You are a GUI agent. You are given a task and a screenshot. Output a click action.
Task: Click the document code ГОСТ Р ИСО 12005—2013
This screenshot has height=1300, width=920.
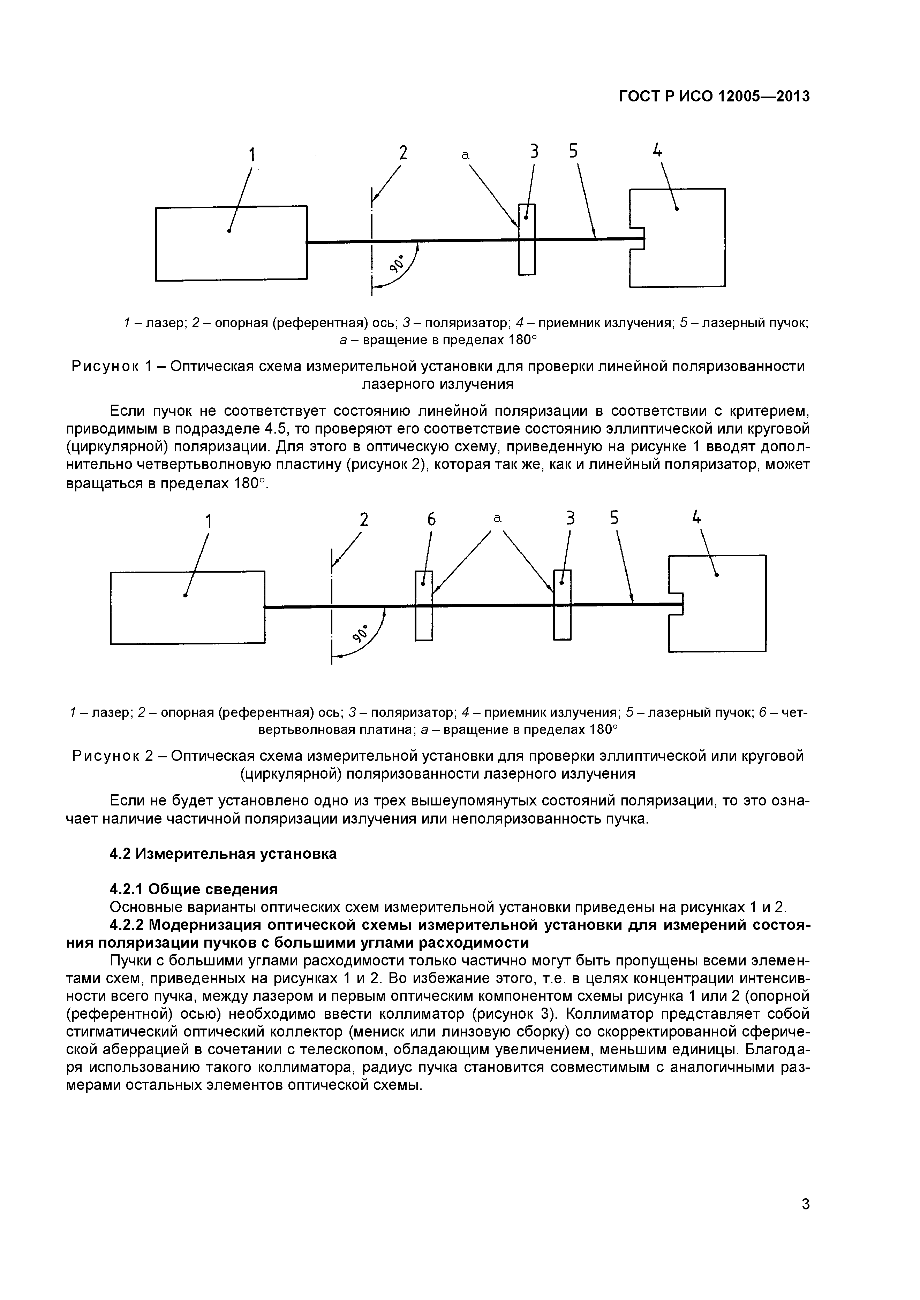point(714,97)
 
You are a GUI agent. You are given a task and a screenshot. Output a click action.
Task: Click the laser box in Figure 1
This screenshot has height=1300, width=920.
point(231,244)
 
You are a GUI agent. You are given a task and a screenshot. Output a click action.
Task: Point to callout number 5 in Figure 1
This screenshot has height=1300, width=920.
point(574,151)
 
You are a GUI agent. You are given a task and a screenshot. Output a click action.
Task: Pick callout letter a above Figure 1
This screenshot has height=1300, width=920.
point(465,155)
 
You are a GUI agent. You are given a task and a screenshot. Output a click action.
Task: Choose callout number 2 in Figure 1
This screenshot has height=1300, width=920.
point(403,153)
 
